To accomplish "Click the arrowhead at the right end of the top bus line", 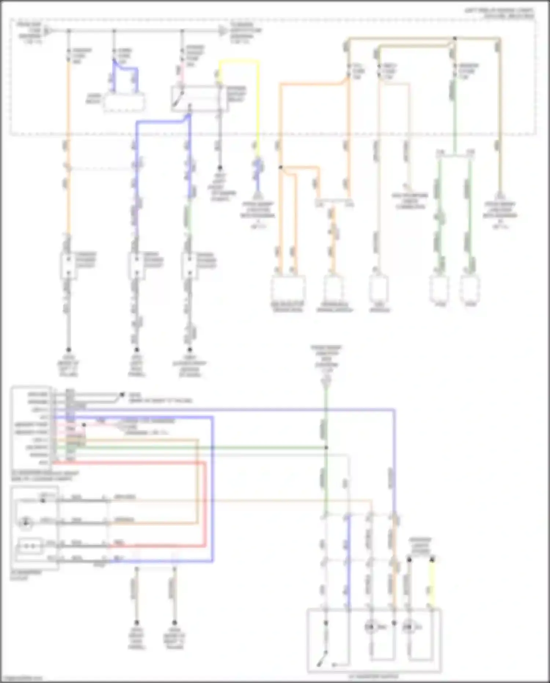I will pos(223,31).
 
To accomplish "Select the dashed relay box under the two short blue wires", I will pos(124,102).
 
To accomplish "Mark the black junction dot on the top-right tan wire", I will pos(455,38).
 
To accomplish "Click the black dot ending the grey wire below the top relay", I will pos(220,168).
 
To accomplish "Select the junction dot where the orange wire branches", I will pos(280,167).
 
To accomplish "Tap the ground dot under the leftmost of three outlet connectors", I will pos(68,350).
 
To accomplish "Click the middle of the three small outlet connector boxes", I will pos(136,265).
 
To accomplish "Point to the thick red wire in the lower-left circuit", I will pos(204,506).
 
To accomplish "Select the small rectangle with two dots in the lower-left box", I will pos(29,546).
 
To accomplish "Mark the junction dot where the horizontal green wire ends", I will pos(326,447).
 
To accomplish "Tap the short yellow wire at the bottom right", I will pos(432,584).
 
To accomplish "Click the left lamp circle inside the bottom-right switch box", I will pos(370,627).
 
